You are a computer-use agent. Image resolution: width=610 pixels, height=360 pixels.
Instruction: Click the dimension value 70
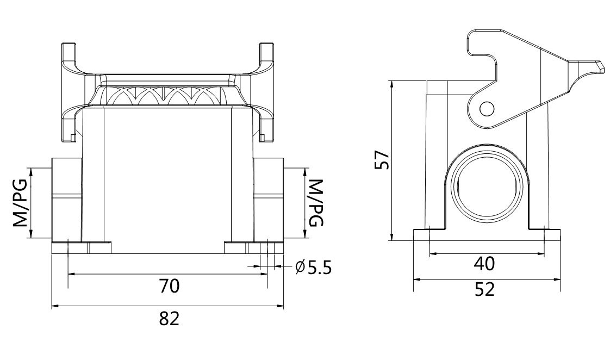coord(169,287)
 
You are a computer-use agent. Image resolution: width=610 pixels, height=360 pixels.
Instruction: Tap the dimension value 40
coord(484,264)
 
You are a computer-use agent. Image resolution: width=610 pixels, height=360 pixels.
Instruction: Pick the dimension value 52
coord(484,289)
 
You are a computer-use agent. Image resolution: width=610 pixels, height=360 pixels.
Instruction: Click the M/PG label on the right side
coord(315,203)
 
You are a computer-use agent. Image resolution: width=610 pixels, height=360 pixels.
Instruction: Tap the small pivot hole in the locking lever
coord(487,109)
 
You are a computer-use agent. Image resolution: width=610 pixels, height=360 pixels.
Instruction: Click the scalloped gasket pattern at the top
coord(169,97)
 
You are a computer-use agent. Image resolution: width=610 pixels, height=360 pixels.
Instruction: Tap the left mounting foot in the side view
coord(421,235)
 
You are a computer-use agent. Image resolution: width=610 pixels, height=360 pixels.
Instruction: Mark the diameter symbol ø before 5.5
coord(300,268)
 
